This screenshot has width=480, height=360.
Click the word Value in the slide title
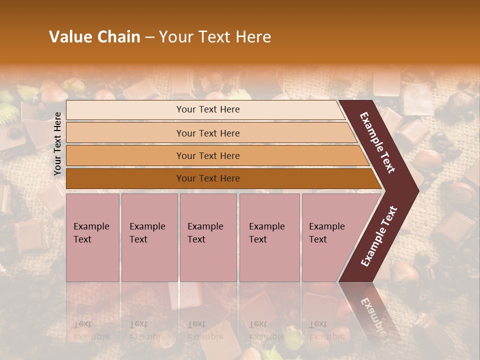(70, 37)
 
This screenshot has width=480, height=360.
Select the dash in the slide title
(149, 37)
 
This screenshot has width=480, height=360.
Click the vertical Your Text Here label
(57, 143)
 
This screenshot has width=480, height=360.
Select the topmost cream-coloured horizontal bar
(205, 109)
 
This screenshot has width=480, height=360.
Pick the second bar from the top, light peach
(210, 133)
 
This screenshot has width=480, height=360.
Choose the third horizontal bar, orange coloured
(215, 155)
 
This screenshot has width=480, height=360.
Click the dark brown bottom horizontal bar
(220, 178)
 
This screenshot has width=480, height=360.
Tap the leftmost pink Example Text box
(92, 237)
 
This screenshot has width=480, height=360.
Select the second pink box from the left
(149, 237)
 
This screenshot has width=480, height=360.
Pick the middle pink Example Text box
(208, 237)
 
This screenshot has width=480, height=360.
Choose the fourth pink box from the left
(269, 237)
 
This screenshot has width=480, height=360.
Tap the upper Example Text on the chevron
(377, 142)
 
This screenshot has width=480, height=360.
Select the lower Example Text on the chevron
(378, 236)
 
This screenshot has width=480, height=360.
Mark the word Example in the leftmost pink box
(91, 226)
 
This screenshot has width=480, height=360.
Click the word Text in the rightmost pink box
(318, 239)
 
